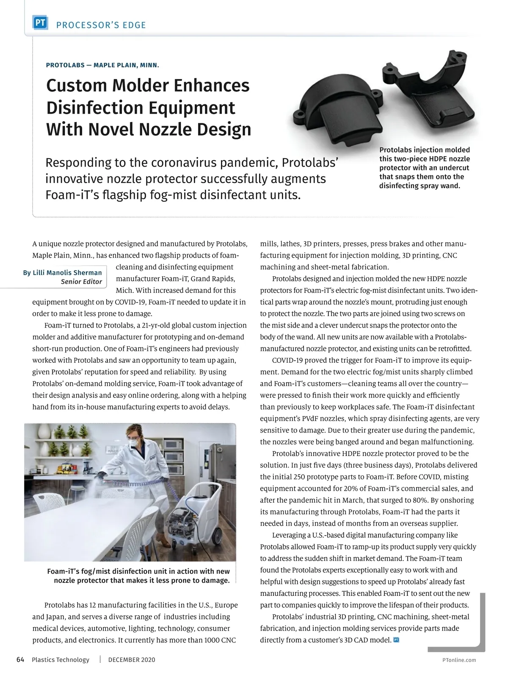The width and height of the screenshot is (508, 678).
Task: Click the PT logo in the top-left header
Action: click(x=40, y=24)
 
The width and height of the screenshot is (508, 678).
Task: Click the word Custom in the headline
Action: click(x=77, y=86)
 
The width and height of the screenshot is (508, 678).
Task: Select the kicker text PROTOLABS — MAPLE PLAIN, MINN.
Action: click(x=102, y=65)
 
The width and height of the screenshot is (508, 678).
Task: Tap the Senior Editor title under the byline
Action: click(x=81, y=282)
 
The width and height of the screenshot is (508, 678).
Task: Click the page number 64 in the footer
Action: click(x=20, y=659)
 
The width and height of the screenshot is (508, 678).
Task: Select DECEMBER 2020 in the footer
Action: click(x=132, y=660)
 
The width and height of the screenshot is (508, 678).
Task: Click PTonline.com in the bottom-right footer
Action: click(x=459, y=660)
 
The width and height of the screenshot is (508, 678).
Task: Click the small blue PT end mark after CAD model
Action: click(x=396, y=640)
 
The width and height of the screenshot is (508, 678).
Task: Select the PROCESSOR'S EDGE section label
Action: click(x=101, y=25)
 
